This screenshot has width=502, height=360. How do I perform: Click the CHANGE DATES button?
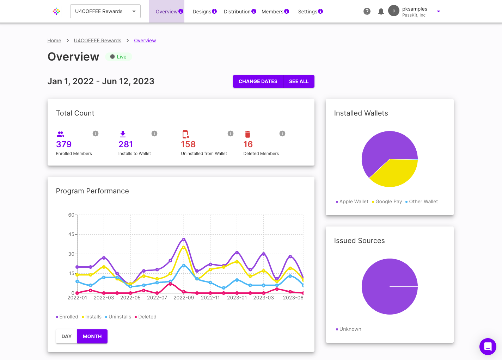258,81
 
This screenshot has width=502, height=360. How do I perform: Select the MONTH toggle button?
92,336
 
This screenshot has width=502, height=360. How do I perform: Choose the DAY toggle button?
67,336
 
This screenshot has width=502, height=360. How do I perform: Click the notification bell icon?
381,11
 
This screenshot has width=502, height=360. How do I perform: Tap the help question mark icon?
367,11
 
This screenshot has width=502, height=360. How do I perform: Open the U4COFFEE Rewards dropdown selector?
105,11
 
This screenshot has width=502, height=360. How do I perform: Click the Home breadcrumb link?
54,41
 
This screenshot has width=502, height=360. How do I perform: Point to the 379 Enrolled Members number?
64,144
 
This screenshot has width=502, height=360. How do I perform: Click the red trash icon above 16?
247,134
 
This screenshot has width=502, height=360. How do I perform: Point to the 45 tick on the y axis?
71,234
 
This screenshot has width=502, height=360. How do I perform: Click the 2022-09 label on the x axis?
184,298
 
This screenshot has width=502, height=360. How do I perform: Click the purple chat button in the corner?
488,346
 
